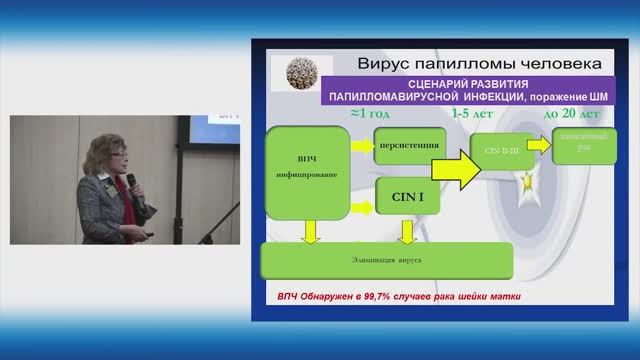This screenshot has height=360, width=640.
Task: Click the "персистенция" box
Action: pyautogui.click(x=409, y=146)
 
